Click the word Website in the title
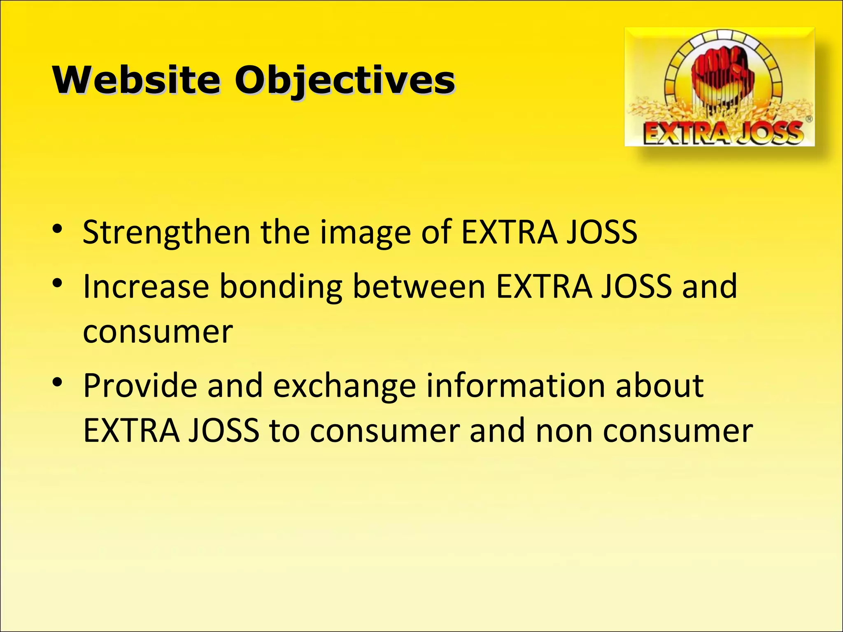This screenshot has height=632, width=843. pyautogui.click(x=136, y=80)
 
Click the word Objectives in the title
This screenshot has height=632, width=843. pyautogui.click(x=345, y=80)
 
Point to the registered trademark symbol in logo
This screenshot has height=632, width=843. pyautogui.click(x=808, y=119)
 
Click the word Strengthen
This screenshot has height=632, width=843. pyautogui.click(x=166, y=232)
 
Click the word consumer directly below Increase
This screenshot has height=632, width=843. pyautogui.click(x=158, y=332)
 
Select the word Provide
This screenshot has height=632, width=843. pyautogui.click(x=140, y=386)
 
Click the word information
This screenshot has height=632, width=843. pyautogui.click(x=515, y=386)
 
